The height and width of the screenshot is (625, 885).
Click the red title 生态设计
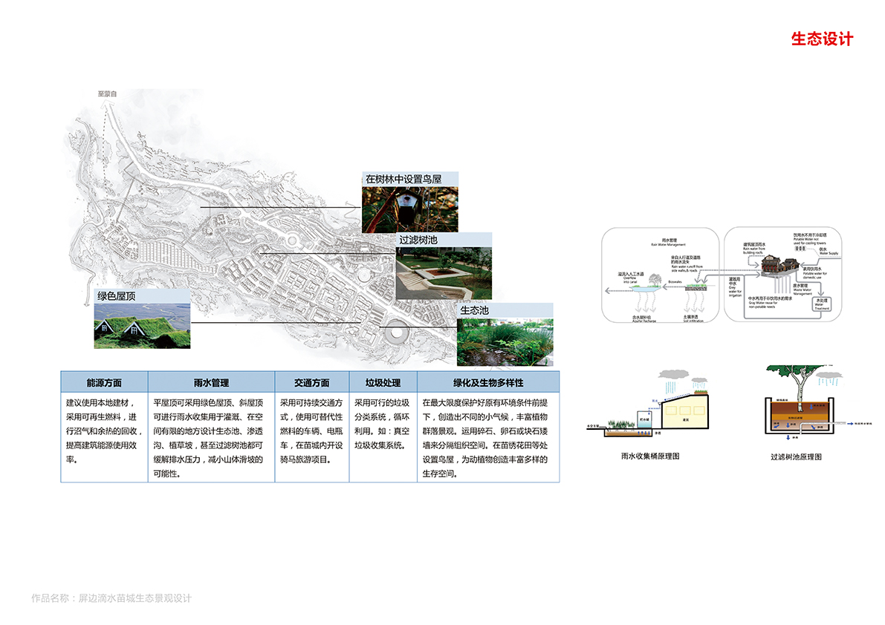(x=822, y=39)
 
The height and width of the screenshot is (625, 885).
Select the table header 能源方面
(x=104, y=383)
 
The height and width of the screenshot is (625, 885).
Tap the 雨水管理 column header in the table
(x=211, y=383)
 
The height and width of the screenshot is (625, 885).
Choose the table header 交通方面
(x=311, y=383)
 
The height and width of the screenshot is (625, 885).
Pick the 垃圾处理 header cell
(x=382, y=383)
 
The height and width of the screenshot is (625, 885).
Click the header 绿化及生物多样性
(x=488, y=383)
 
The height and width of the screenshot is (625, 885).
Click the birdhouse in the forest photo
(x=407, y=203)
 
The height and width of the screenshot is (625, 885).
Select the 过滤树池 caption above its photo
(x=418, y=240)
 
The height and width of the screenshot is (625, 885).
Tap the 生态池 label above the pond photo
(x=474, y=310)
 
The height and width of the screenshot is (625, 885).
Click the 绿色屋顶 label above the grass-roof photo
(x=121, y=296)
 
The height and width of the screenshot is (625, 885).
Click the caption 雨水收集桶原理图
(x=649, y=457)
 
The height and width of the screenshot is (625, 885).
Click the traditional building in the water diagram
(x=779, y=262)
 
